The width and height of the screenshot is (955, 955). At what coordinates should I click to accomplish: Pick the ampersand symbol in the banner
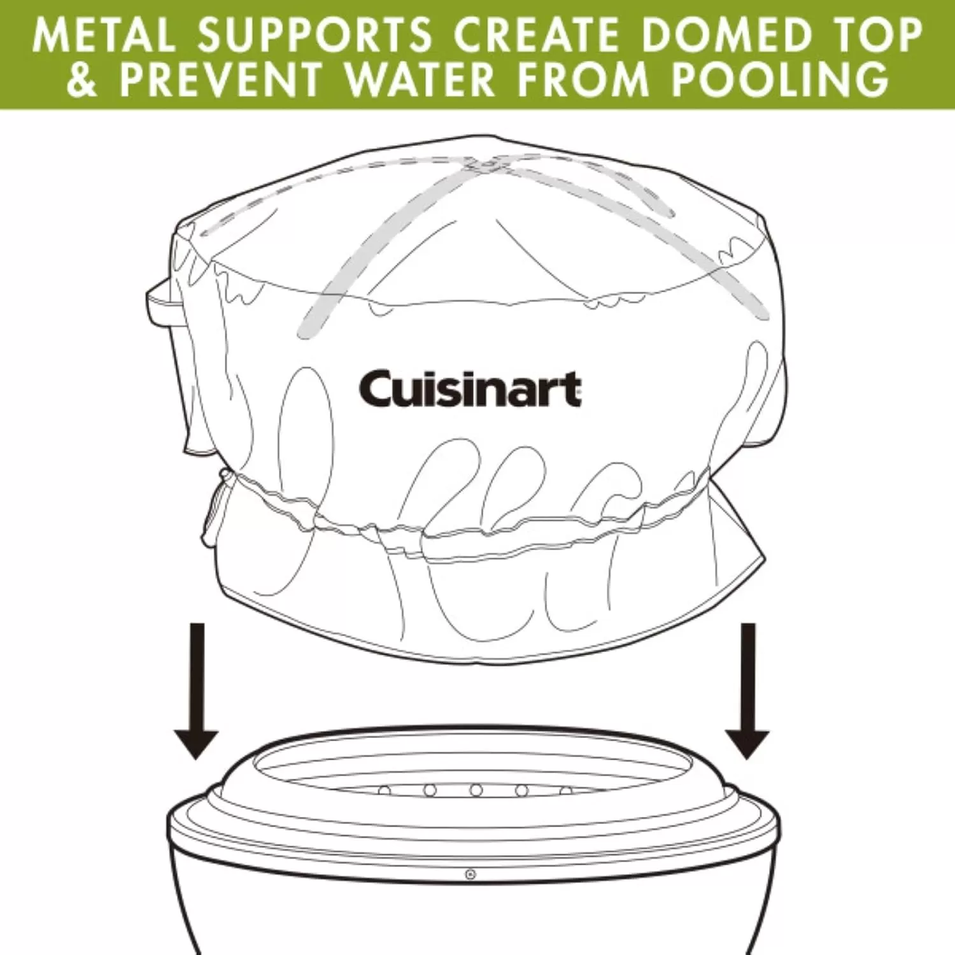point(82,79)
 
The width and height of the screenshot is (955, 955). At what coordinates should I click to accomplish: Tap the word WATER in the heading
point(420,79)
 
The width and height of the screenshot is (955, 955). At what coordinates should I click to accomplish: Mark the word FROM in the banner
point(583,79)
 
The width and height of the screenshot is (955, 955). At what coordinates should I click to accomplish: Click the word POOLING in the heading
point(780,79)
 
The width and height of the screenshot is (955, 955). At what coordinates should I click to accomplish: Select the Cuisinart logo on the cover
point(470,388)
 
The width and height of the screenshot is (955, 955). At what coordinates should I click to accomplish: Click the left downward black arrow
point(197,691)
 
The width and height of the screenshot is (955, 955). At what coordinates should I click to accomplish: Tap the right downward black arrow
point(748,691)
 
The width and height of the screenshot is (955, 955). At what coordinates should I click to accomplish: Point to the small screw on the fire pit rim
point(470,874)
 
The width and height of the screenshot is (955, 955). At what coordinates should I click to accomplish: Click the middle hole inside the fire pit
point(476,790)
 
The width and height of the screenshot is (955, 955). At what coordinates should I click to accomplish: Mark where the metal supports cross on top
point(485,166)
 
